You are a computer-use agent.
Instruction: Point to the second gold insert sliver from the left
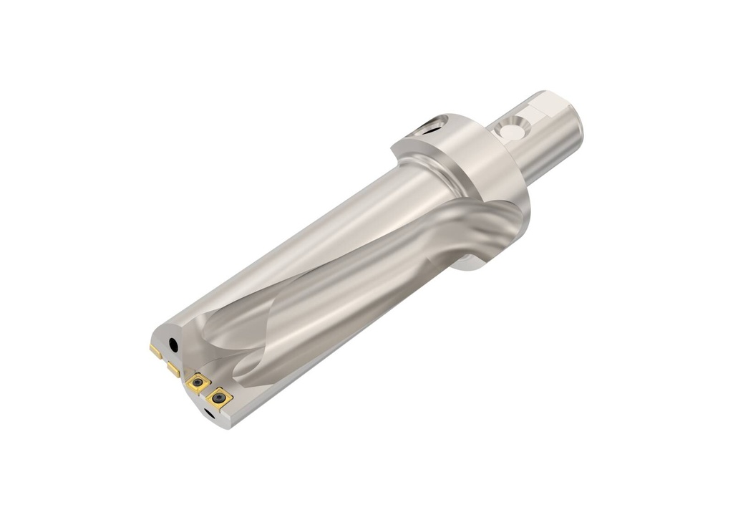173,369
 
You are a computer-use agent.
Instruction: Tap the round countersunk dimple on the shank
510,132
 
